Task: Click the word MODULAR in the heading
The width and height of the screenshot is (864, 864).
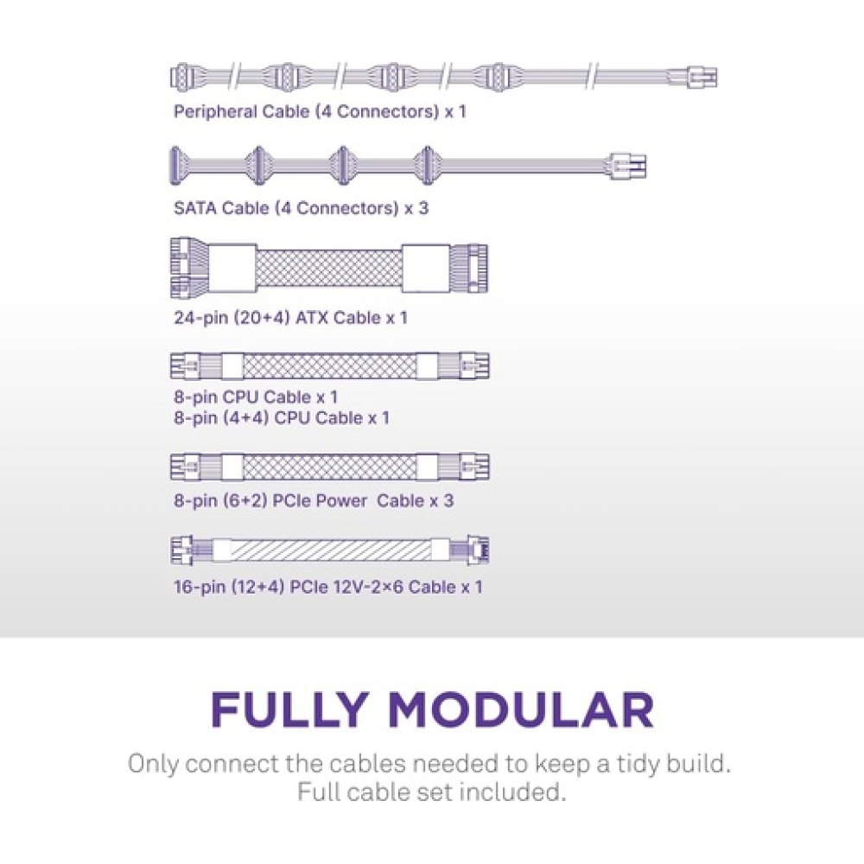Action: point(519,709)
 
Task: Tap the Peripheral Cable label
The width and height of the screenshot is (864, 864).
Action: point(320,111)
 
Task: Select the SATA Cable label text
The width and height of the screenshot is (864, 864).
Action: point(301,208)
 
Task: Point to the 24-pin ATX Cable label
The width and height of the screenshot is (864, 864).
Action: point(290,318)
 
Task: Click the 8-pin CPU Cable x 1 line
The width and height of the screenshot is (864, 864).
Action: point(256,397)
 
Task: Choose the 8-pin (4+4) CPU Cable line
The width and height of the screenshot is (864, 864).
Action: point(282,418)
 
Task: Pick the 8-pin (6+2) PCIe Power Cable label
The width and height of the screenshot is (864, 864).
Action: point(313,501)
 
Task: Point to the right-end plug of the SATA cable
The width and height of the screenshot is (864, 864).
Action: point(629,164)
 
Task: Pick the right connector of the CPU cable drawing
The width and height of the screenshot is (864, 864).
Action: point(475,366)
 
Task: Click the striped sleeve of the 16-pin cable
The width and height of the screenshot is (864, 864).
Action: point(332,550)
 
